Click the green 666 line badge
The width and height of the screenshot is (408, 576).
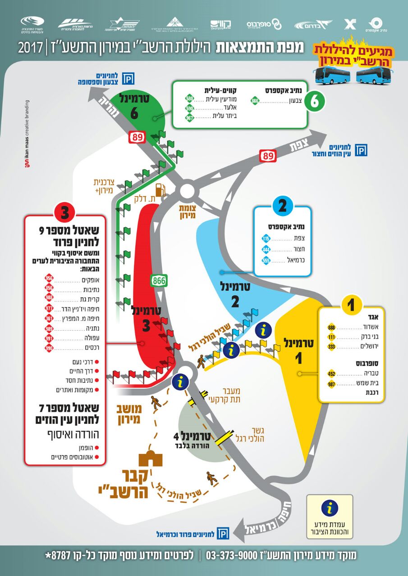coord(255,101)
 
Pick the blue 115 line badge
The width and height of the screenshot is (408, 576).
coord(266,238)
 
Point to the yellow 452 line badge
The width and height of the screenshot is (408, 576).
coord(331,373)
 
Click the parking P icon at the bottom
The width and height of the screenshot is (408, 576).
coord(223,534)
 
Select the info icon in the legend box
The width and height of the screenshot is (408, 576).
coord(330,508)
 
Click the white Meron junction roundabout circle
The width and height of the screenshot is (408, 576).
coord(187,191)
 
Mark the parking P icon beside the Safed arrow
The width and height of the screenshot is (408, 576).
coord(361,150)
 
